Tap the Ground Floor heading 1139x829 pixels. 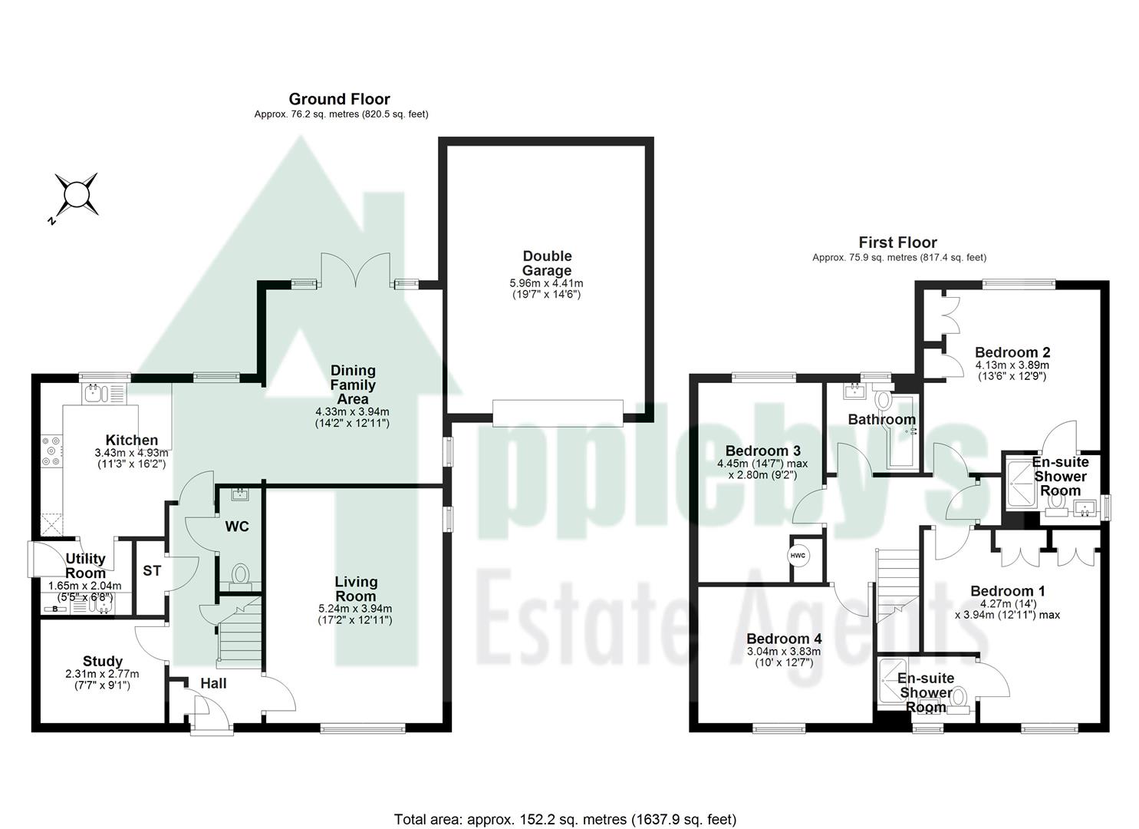[x=339, y=99]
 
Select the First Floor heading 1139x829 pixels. [x=897, y=243]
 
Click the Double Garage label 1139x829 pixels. [x=547, y=263]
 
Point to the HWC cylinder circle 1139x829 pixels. [x=797, y=555]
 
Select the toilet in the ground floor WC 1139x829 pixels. [x=240, y=574]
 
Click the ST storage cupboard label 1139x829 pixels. [x=152, y=571]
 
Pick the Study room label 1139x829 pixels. [x=103, y=661]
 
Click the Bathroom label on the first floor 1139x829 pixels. [x=881, y=419]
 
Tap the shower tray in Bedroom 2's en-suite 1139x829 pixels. [x=1022, y=482]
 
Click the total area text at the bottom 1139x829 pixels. [x=565, y=819]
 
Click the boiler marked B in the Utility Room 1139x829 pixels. [x=55, y=609]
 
